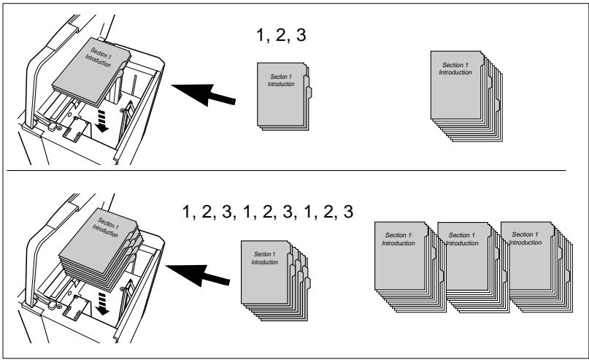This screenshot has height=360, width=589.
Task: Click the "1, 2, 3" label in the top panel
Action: (281, 35)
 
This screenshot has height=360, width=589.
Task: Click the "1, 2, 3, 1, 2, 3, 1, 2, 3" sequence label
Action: (267, 212)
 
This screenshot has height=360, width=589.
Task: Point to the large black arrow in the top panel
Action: (203, 95)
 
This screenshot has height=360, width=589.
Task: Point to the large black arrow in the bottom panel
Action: (198, 275)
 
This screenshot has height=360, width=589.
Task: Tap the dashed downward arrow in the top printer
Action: (101, 121)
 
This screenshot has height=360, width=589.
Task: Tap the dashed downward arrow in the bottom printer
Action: (101, 304)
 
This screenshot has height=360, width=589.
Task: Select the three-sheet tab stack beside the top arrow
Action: (285, 96)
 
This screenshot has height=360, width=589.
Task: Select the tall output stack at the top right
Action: (466, 96)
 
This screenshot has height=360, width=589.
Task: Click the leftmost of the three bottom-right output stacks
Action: (410, 267)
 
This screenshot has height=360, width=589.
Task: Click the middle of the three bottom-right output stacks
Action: (474, 267)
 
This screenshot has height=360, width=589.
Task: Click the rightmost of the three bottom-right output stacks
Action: (536, 267)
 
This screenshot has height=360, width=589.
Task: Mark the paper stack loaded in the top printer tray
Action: (91, 72)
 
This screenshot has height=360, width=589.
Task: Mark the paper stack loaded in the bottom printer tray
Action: (101, 249)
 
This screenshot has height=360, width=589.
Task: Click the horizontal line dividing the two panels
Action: (286, 171)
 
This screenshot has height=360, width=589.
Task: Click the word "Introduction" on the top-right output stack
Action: (455, 72)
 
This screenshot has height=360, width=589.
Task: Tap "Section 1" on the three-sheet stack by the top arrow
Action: (281, 77)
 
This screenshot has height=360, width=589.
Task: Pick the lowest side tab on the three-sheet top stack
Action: (309, 93)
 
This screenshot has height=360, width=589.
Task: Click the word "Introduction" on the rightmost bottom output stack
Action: (526, 242)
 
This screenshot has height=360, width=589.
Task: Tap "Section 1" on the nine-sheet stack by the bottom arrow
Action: (265, 254)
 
